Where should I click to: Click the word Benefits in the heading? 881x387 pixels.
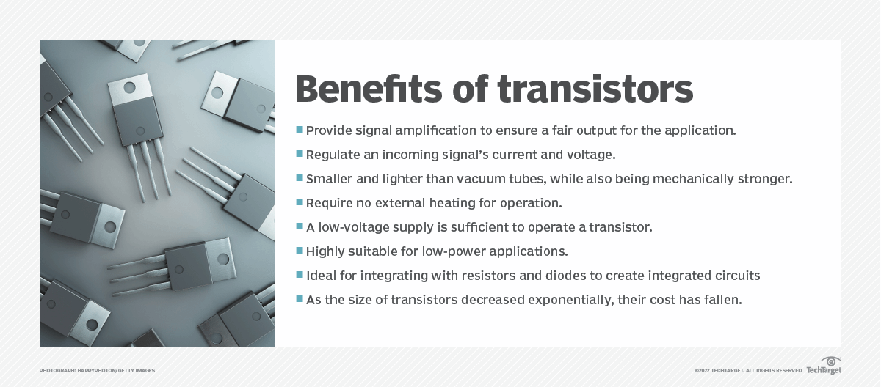[x=369, y=89]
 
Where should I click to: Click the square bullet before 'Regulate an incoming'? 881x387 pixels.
[x=300, y=153]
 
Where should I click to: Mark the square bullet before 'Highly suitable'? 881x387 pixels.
[x=300, y=250]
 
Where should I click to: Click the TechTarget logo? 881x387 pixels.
[x=824, y=366]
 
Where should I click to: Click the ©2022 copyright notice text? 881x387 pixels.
[x=748, y=371]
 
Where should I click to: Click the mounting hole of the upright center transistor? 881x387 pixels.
[x=129, y=87]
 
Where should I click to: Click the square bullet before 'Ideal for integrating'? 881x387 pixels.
[x=300, y=274]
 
